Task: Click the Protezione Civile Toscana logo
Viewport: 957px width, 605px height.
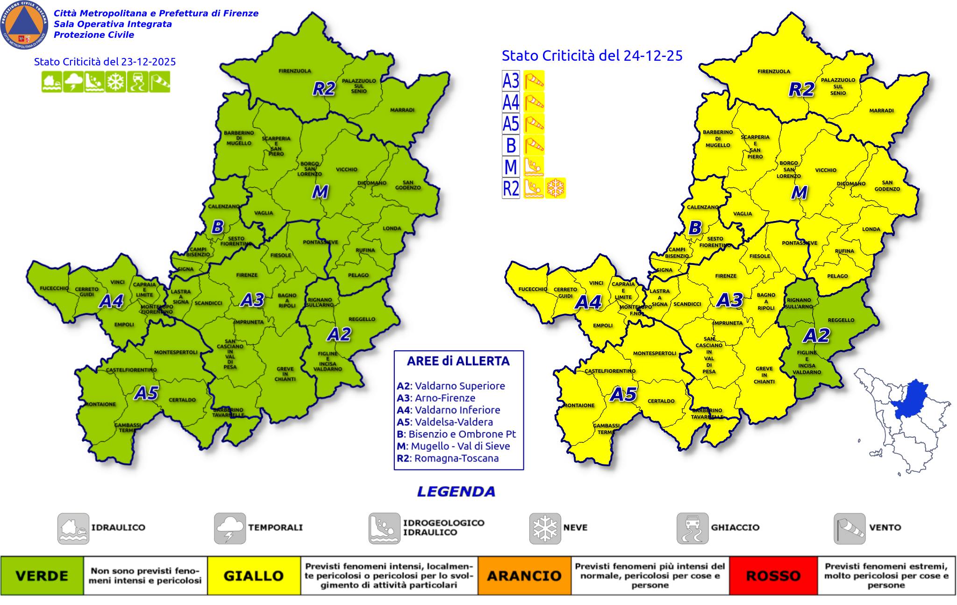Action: coord(24,25)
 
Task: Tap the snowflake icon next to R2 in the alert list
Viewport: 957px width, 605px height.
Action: coord(556,188)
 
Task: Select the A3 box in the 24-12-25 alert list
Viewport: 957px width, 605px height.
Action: coord(511,81)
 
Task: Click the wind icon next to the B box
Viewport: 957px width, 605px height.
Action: coord(534,145)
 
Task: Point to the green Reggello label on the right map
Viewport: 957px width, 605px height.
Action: coord(841,320)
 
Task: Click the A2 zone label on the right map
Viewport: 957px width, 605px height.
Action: coord(816,335)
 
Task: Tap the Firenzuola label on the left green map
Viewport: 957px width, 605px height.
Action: coord(295,71)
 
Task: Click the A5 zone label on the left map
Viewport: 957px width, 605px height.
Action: coord(146,393)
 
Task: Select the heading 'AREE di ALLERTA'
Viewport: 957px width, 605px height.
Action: coord(458,361)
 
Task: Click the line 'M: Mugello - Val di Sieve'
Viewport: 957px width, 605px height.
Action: coord(453,446)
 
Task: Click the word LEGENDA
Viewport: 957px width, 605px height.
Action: coord(456,491)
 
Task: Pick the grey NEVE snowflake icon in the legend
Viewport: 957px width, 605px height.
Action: coord(545,528)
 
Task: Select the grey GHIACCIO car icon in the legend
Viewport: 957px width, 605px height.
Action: coord(692,528)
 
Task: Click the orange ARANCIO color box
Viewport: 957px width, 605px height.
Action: coord(524,576)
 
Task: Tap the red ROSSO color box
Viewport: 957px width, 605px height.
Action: coord(773,576)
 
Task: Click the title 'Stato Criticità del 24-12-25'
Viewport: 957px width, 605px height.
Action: coord(592,56)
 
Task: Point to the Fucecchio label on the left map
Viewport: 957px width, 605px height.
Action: coord(54,288)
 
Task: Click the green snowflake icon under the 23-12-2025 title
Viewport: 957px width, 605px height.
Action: coord(115,82)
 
